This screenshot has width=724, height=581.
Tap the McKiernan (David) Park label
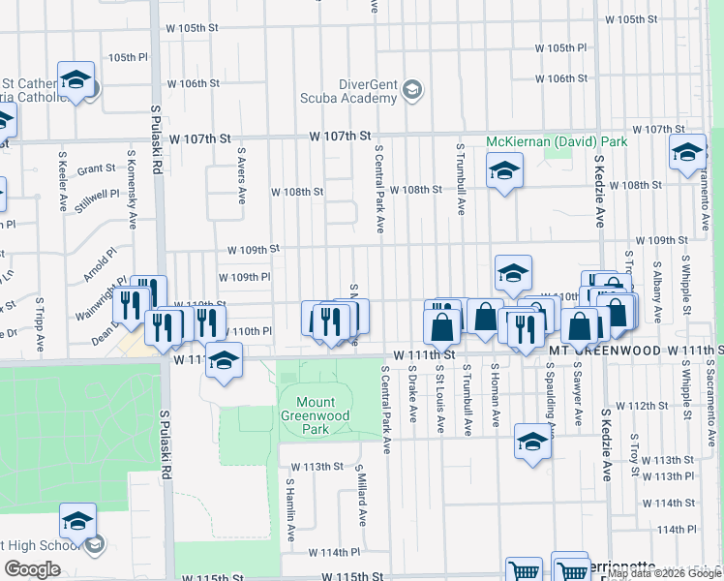tap(557, 141)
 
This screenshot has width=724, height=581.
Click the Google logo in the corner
tap(33, 569)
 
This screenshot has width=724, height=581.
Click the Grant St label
tap(97, 168)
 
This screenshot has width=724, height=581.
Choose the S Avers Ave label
tap(242, 175)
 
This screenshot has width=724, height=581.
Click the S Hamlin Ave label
tap(290, 509)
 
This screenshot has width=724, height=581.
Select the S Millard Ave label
tap(362, 499)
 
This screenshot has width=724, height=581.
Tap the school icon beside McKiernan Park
tap(504, 172)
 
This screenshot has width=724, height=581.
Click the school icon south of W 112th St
tap(531, 441)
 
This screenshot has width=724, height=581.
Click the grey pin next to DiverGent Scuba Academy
tap(411, 91)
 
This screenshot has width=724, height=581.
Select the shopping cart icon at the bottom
tap(523, 571)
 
